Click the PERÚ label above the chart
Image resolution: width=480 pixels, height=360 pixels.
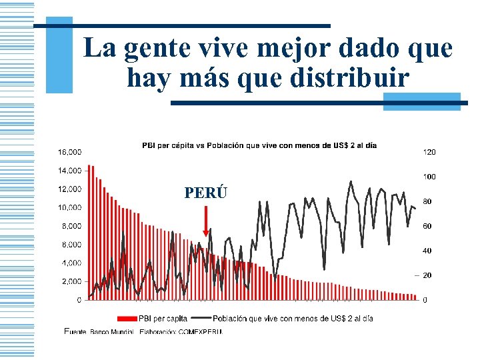(x=205, y=193)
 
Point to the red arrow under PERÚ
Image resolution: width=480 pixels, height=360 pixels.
(x=205, y=220)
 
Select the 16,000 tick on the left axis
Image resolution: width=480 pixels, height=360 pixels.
(x=69, y=152)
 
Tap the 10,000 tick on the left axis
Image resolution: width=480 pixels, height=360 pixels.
(x=69, y=207)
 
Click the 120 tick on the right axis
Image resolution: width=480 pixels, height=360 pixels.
(x=429, y=152)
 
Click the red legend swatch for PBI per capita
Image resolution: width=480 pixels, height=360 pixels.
(x=126, y=318)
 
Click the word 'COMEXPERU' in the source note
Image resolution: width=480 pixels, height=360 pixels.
(x=199, y=331)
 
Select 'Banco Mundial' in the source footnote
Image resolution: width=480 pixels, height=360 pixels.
(x=111, y=331)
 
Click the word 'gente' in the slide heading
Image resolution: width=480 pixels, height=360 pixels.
(x=160, y=48)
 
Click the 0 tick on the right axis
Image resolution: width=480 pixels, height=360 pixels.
(x=425, y=300)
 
